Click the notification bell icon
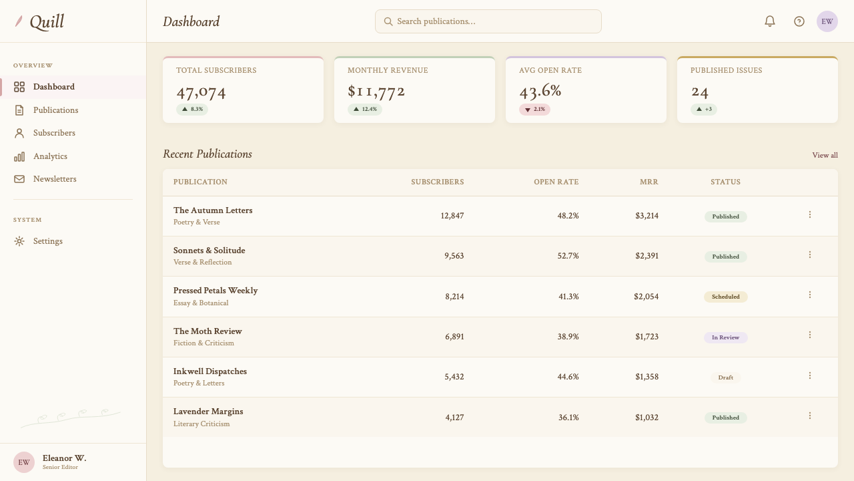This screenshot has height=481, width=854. [x=770, y=21]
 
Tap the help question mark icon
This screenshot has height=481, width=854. [x=799, y=21]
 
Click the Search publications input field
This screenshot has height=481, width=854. [x=488, y=21]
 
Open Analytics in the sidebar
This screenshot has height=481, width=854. [x=50, y=156]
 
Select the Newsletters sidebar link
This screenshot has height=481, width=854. [x=55, y=179]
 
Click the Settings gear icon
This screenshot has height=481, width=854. [x=19, y=241]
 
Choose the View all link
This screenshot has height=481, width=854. [x=825, y=156]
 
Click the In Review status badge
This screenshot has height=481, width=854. [x=725, y=337]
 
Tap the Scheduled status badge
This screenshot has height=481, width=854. [x=725, y=297]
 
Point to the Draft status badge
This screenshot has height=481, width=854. [x=725, y=377]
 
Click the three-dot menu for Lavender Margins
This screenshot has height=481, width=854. [x=810, y=416]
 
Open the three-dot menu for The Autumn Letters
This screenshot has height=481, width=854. [x=810, y=214]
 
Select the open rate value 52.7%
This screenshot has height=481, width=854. [x=568, y=256]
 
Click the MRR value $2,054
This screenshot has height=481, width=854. [x=647, y=297]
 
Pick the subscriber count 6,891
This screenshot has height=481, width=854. [x=454, y=337]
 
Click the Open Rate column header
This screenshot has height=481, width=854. [x=556, y=182]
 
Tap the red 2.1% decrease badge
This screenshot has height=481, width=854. [x=534, y=110]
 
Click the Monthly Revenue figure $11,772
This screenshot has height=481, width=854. [x=376, y=92]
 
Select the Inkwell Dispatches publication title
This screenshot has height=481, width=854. [x=210, y=371]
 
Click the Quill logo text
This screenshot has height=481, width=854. [x=47, y=22]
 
